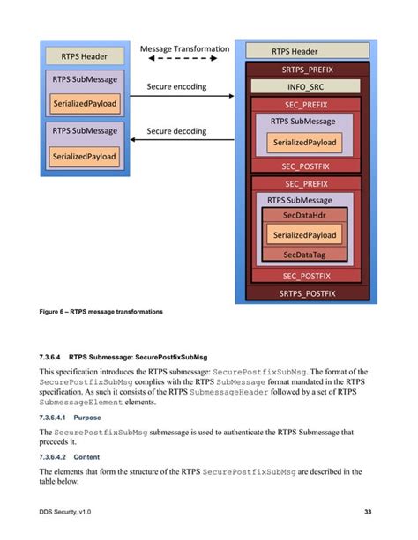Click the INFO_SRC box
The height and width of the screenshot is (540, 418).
pyautogui.click(x=305, y=87)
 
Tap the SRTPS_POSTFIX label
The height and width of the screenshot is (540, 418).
pyautogui.click(x=306, y=293)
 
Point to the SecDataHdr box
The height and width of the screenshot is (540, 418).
pyautogui.click(x=304, y=216)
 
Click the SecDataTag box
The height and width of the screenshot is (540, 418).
pyautogui.click(x=304, y=255)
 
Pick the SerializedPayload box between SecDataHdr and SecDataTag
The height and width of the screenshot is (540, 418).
pyautogui.click(x=304, y=235)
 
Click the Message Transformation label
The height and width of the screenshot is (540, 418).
pyautogui.click(x=184, y=48)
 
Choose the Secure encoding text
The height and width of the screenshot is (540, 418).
pyautogui.click(x=176, y=86)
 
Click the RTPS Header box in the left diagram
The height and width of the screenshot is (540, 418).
pyautogui.click(x=85, y=56)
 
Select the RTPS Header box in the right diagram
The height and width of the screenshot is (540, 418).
pyautogui.click(x=306, y=51)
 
